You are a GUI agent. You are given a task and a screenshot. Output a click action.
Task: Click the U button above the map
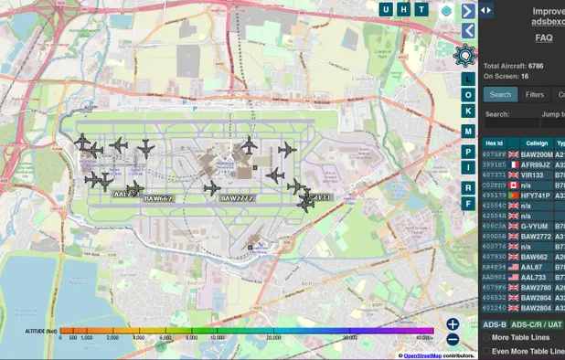click(x=387, y=9)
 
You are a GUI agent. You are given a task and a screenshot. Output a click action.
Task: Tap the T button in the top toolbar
click(x=421, y=9)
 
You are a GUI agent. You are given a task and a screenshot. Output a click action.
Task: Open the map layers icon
click(x=446, y=10)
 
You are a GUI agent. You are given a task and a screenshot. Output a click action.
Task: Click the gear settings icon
click(x=467, y=55)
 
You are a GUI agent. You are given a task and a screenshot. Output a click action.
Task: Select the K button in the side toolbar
click(x=468, y=111)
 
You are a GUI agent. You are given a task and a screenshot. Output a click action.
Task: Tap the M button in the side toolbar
click(x=468, y=131)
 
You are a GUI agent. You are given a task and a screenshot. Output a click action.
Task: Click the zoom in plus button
click(x=453, y=323)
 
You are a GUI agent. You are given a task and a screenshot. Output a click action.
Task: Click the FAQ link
click(x=544, y=38)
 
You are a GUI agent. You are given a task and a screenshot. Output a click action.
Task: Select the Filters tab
click(x=535, y=94)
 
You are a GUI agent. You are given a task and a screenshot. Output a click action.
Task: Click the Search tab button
click(x=500, y=94)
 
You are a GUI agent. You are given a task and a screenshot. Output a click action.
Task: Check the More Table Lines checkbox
click(x=486, y=338)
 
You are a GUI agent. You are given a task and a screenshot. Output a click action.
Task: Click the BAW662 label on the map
click(x=158, y=198)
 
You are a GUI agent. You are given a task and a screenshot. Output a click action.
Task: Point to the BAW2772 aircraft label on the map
click(x=237, y=198)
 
